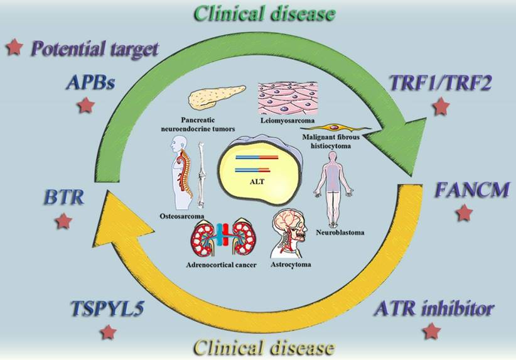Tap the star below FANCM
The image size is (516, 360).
point(463,214)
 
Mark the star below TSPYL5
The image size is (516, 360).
point(109,332)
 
